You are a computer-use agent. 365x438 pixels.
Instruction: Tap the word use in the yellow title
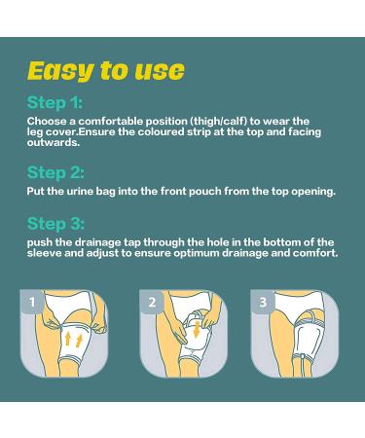156,70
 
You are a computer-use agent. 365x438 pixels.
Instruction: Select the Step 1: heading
55,101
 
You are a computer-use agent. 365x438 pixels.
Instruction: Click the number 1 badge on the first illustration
34,303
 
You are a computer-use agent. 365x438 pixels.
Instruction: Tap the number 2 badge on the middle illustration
152,303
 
